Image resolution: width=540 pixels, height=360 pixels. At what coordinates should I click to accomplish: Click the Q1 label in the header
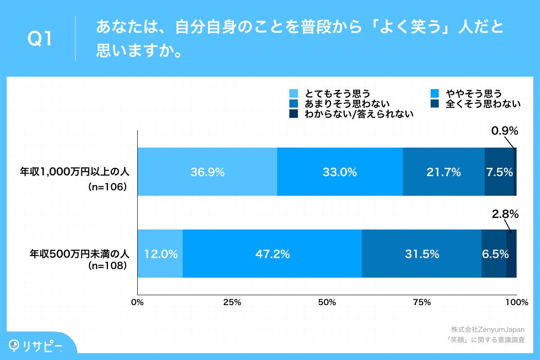[40, 40]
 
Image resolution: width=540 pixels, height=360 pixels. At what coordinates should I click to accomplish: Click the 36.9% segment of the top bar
[207, 171]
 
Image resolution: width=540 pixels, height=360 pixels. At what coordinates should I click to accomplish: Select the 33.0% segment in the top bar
[340, 171]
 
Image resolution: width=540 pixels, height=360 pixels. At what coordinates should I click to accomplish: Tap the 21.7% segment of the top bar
[444, 171]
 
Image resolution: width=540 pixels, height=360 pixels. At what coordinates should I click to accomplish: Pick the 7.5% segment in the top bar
[499, 171]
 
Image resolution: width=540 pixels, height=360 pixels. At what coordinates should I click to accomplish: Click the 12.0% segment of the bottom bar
[160, 254]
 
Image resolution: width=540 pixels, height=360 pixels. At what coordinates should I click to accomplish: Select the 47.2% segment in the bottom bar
[272, 254]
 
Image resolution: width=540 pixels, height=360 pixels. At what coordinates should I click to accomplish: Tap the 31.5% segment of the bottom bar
[422, 254]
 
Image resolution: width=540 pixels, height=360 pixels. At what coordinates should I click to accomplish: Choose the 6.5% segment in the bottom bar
[494, 254]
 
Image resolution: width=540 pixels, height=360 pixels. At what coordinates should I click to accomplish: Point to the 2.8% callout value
[504, 214]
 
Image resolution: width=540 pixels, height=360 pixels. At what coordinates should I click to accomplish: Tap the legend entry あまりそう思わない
[346, 104]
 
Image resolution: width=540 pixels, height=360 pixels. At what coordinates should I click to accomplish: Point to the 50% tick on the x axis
[327, 302]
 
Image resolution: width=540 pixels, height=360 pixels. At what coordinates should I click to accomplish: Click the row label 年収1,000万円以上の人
[75, 171]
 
